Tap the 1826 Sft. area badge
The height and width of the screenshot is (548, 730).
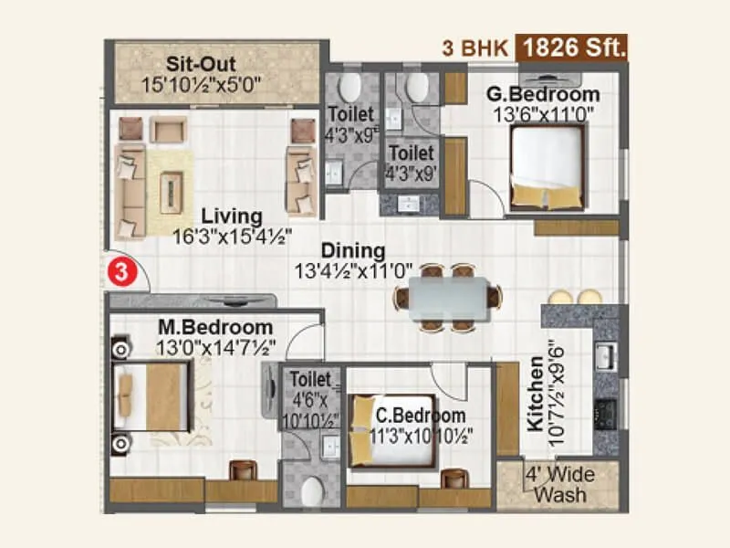coord(573,48)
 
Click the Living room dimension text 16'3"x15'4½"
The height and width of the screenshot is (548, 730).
coord(233,236)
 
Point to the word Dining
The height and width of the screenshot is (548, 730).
coord(352,250)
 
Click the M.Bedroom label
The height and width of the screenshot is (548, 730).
coord(214,327)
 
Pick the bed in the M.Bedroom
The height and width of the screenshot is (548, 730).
coord(151,396)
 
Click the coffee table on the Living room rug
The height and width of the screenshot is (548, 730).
coord(171,191)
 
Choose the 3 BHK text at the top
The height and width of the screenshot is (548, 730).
coord(474,48)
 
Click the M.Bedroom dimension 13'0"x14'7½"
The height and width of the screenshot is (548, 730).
coord(215,347)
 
